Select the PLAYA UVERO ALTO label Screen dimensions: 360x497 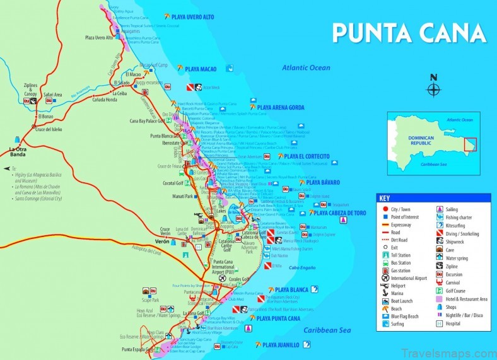click(x=192, y=16)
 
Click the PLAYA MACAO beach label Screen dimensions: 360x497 click(x=201, y=69)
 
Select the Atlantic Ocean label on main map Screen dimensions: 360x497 click(x=306, y=68)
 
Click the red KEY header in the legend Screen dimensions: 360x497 click(x=385, y=198)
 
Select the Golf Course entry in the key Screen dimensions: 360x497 click(x=460, y=291)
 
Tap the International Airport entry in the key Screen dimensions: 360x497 click(x=409, y=277)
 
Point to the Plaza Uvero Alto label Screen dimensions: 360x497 click(x=99, y=38)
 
